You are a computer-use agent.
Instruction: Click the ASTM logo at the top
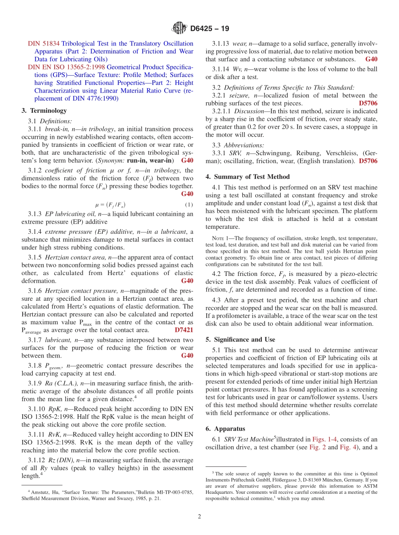coord(179,29)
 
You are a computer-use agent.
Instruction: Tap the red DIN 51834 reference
coord(44,44)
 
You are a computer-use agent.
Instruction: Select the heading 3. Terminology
coord(44,111)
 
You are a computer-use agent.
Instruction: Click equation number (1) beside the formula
coord(189,205)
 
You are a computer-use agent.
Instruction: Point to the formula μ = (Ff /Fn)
coord(110,205)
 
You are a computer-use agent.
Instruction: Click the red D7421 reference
coord(184,330)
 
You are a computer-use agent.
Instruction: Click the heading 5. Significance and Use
coord(240,339)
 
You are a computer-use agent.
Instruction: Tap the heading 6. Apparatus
coord(225,429)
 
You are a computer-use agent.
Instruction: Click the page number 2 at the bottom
coord(199,516)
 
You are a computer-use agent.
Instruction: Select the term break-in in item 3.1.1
coord(57,129)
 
